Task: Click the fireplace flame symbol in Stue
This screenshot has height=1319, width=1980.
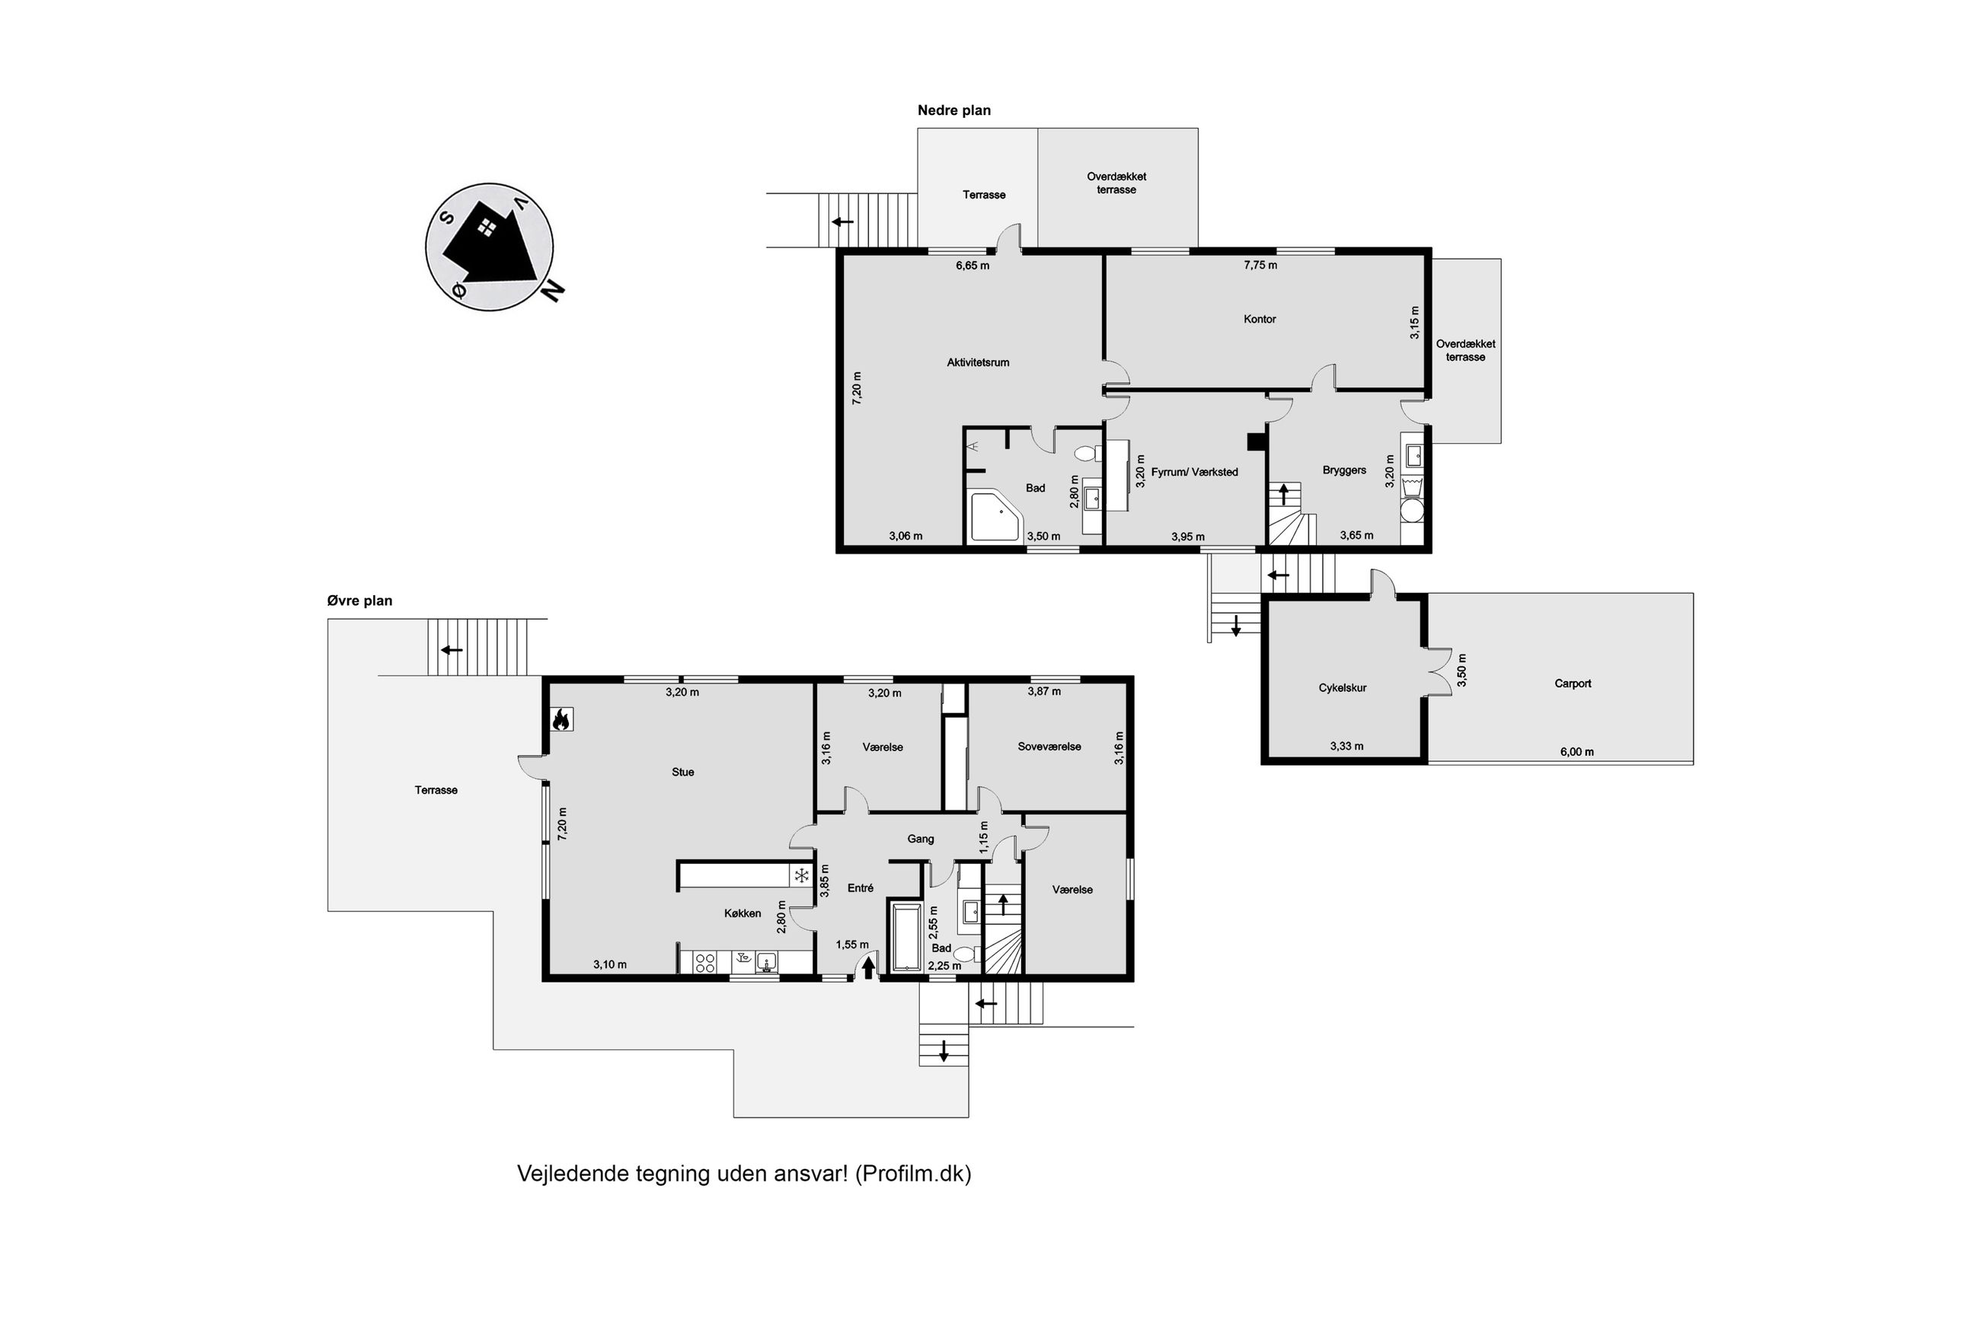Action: click(561, 719)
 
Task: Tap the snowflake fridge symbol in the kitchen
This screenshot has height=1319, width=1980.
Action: click(802, 877)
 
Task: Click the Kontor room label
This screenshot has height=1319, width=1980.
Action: click(1259, 319)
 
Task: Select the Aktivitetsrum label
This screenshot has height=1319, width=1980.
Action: click(978, 362)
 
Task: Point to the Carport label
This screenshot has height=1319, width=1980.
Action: click(1572, 683)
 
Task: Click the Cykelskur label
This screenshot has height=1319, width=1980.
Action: click(1342, 687)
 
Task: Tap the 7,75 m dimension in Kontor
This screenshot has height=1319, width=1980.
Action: click(1260, 265)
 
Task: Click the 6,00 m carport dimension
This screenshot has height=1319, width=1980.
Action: click(1576, 752)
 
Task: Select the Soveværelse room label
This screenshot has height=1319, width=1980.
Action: click(1049, 746)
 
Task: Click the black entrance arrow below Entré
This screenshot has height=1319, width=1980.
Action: click(868, 967)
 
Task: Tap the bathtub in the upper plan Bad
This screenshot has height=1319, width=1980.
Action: click(905, 936)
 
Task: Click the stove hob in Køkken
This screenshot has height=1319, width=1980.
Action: click(704, 961)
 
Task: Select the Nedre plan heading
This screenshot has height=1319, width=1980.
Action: click(953, 110)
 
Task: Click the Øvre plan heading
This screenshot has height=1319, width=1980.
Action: click(359, 601)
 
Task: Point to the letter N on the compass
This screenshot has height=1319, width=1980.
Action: click(552, 289)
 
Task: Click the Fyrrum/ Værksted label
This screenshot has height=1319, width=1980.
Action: click(1194, 472)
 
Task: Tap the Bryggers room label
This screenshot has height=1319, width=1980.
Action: click(1344, 470)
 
